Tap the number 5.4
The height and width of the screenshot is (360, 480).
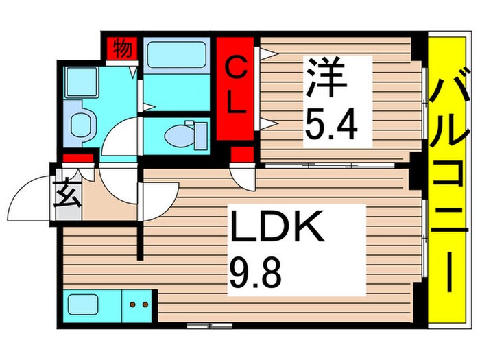[331, 123]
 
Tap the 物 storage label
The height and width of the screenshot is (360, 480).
[122, 49]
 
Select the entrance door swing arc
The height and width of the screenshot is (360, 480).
[31, 199]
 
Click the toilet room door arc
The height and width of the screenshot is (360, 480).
[123, 137]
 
